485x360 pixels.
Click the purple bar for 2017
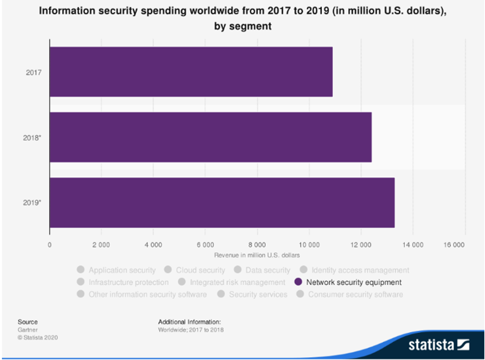191,72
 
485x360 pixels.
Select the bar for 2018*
210,137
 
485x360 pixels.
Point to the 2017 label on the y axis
34,72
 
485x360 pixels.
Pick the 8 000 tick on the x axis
257,245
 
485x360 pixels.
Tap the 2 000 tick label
102,245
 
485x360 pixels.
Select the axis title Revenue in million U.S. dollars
257,256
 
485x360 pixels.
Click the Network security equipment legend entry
354,282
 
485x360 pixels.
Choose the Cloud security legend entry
200,270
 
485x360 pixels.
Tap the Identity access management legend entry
360,270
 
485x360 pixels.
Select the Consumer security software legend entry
355,295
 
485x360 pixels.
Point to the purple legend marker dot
298,282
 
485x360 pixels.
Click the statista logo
438,342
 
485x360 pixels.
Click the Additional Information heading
189,321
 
